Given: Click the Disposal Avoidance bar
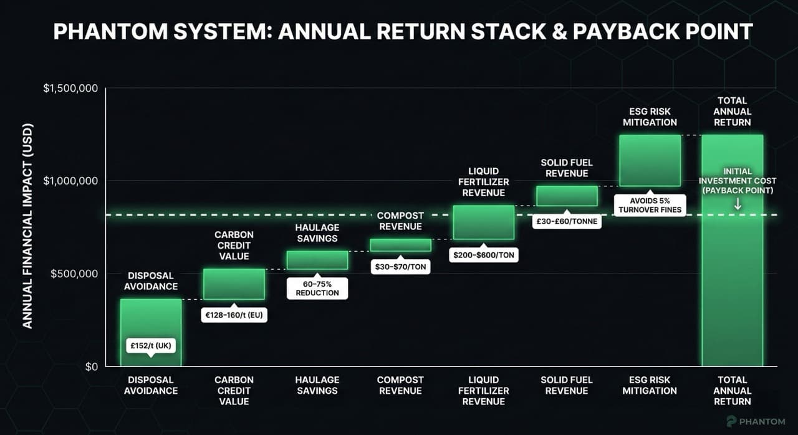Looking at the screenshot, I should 150,324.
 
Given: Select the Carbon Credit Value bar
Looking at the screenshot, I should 234,284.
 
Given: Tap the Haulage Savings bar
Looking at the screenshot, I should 317,260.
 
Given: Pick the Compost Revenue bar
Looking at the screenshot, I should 400,245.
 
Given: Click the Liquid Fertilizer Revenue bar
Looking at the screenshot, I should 483,222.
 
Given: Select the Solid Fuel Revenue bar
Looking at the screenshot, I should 567,196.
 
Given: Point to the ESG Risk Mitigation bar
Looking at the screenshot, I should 650,160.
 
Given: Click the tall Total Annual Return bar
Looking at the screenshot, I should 733,280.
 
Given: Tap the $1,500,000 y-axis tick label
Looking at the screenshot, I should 70,88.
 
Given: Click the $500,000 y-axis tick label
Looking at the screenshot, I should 74,274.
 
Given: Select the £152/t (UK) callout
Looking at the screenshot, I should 150,345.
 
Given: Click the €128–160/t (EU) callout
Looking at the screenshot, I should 234,315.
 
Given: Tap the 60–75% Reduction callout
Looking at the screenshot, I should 317,288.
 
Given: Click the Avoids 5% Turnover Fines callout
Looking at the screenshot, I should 649,206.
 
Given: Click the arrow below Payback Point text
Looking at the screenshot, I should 738,204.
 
